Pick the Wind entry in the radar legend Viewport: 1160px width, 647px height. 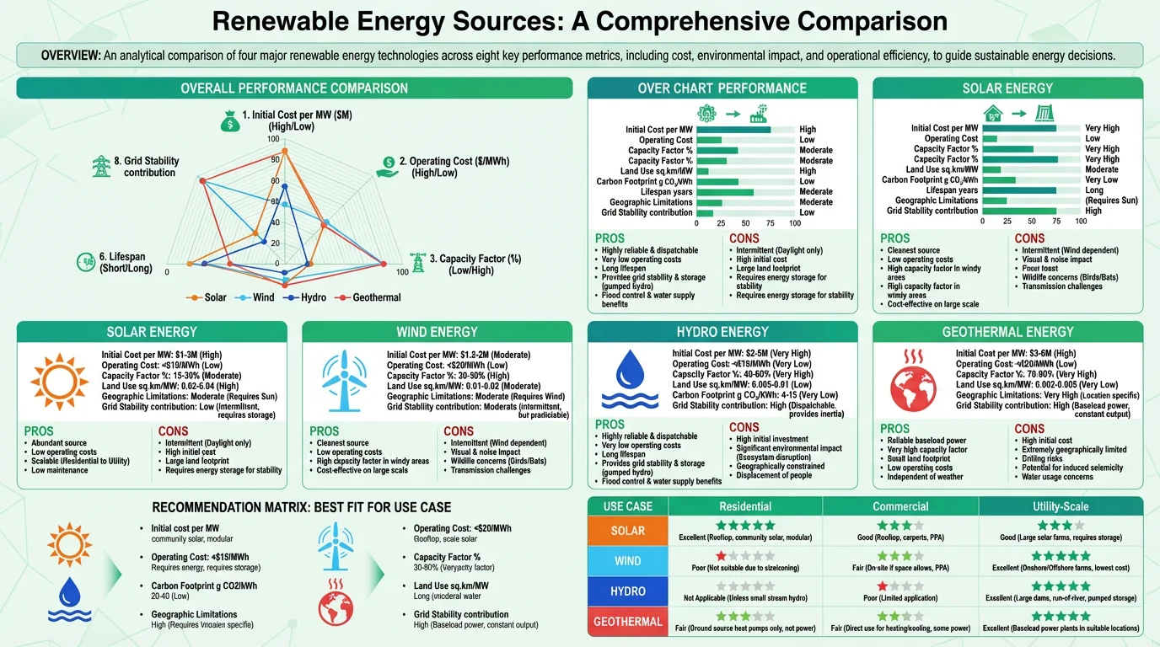click(263, 297)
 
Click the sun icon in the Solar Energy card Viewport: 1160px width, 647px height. click(58, 375)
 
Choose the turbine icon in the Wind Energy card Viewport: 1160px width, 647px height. click(344, 375)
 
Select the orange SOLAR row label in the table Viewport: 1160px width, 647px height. click(627, 531)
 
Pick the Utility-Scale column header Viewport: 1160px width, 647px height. click(1060, 506)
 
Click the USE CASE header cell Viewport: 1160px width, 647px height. click(627, 506)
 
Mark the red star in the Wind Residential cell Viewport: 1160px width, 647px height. click(721, 555)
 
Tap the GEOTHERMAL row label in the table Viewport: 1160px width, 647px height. click(627, 622)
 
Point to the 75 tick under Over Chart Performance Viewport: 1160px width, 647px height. click(770, 223)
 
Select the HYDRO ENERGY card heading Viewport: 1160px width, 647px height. click(722, 332)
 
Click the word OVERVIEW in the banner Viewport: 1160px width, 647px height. click(71, 56)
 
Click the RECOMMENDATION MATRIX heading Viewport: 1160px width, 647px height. click(301, 507)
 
